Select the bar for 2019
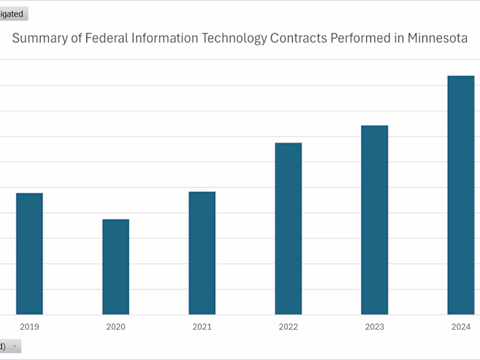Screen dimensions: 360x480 29,254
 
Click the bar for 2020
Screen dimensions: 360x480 116,267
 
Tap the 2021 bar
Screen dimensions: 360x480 202,253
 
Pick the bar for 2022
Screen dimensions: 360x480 289,228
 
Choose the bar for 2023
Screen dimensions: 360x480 375,220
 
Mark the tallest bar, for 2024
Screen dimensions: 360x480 461,195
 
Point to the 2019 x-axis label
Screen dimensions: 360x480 29,327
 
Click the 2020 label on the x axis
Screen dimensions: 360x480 116,327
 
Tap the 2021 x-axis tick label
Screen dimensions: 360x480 202,327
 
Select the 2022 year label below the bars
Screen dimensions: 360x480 289,327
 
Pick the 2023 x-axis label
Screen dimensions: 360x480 375,327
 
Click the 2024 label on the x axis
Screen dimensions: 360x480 461,327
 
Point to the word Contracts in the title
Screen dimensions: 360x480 298,38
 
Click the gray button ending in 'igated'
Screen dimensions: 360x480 13,14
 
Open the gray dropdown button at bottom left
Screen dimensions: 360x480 10,346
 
